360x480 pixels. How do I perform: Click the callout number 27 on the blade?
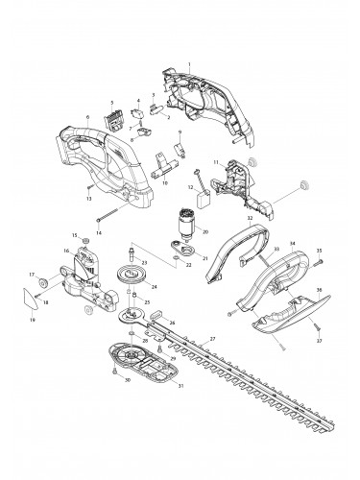(x=212, y=340)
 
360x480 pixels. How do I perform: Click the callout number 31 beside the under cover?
(x=153, y=387)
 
